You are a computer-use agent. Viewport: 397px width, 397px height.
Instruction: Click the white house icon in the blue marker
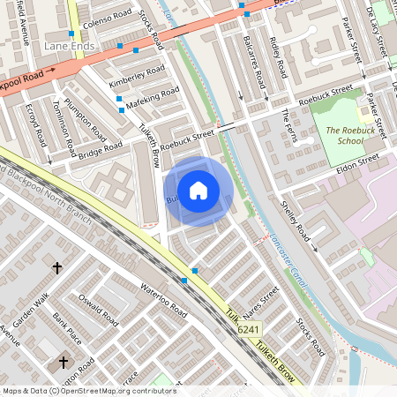click(198, 191)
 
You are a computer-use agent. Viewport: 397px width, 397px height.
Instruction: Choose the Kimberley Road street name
click(137, 75)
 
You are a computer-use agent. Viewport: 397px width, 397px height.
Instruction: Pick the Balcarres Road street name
click(257, 61)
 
